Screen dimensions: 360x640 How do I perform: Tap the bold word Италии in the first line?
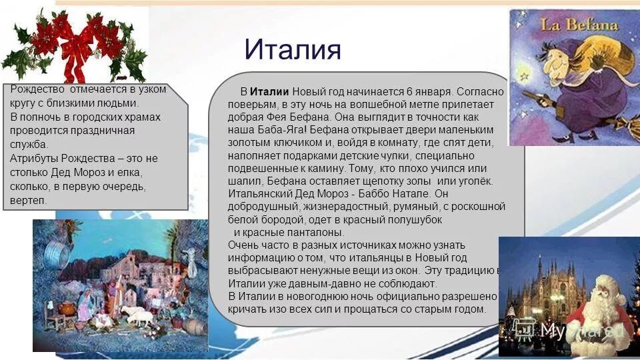point(269,92)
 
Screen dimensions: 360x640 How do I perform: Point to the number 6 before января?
point(409,92)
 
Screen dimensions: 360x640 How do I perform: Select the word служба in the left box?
point(29,144)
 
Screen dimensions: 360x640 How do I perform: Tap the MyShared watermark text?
point(580,330)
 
